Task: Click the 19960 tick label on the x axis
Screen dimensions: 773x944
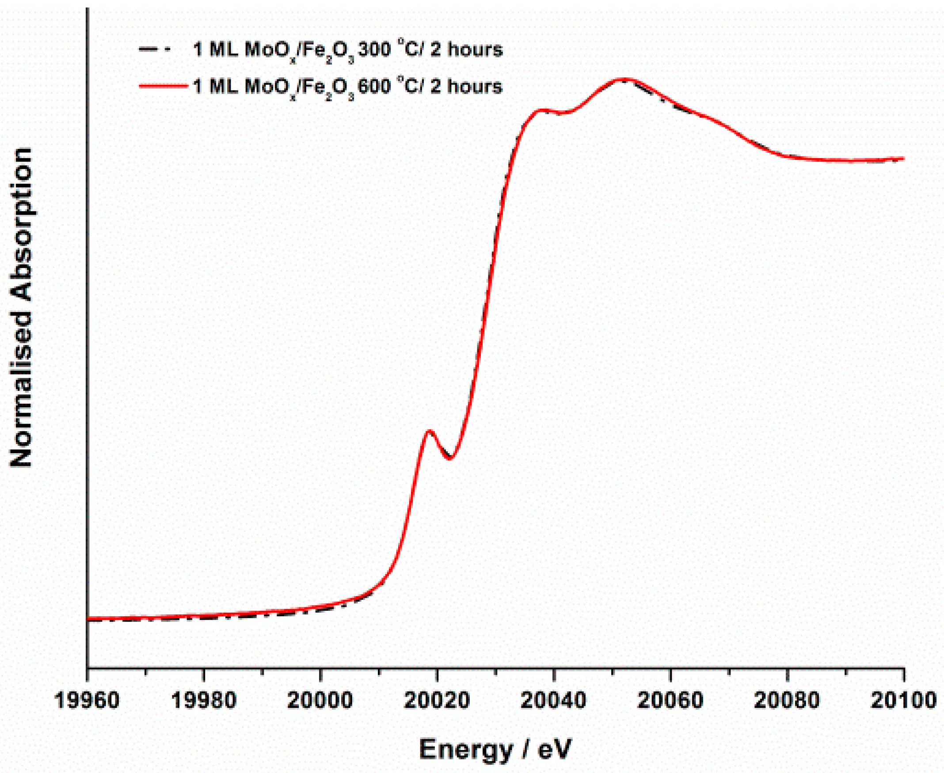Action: click(x=87, y=701)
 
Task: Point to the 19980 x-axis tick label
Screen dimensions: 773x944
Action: click(x=204, y=701)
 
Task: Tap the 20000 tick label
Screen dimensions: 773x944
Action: click(x=320, y=701)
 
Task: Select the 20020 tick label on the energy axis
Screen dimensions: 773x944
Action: click(x=437, y=701)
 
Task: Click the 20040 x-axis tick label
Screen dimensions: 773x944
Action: click(x=554, y=701)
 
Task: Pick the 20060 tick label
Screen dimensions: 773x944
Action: click(x=670, y=701)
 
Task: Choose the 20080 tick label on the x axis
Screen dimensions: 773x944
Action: click(x=787, y=701)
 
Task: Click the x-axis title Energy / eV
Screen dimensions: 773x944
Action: click(x=495, y=750)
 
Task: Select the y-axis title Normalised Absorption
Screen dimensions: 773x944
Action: click(x=21, y=307)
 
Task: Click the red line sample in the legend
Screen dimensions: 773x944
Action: click(x=163, y=86)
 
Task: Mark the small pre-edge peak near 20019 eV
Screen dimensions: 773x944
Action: click(x=429, y=431)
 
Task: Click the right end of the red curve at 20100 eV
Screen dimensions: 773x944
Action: click(x=903, y=158)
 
